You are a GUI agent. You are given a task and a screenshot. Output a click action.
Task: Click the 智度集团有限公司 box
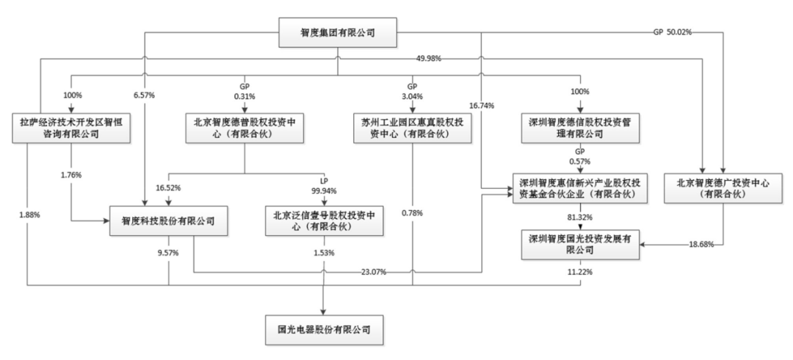coord(338,33)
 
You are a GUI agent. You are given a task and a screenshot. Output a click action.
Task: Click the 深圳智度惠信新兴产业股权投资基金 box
coord(580,188)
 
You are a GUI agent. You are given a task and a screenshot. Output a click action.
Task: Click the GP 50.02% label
coord(673,32)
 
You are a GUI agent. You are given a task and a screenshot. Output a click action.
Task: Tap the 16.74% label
coord(481,105)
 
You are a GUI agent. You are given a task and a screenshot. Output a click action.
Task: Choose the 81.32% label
coord(580,217)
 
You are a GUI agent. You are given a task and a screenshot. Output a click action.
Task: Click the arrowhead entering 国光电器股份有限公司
coord(324,308)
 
